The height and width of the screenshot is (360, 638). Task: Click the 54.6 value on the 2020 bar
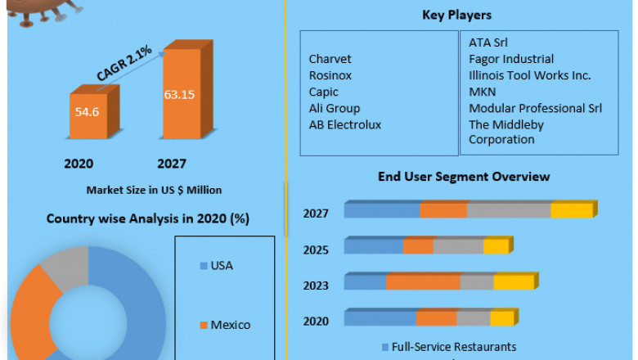click(x=87, y=111)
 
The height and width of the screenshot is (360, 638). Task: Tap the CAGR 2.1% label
click(x=124, y=64)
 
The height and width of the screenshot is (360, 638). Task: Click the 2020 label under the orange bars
click(x=79, y=164)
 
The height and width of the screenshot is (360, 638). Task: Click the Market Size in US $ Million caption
click(x=154, y=190)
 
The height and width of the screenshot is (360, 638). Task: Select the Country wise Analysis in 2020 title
click(x=147, y=218)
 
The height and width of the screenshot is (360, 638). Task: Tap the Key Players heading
click(x=456, y=15)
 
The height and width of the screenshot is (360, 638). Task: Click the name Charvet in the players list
click(x=330, y=59)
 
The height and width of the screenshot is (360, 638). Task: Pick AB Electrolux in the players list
click(x=344, y=124)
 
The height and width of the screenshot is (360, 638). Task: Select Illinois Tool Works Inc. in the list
click(x=530, y=75)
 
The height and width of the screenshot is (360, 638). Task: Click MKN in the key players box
click(x=482, y=92)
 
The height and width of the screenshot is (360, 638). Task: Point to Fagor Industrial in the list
click(x=511, y=59)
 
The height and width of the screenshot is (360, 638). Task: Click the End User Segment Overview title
click(x=463, y=177)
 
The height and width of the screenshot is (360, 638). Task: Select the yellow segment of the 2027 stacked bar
click(x=571, y=211)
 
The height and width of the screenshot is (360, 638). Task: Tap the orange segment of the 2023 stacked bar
click(x=423, y=282)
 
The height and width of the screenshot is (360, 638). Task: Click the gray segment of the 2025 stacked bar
click(x=458, y=246)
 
